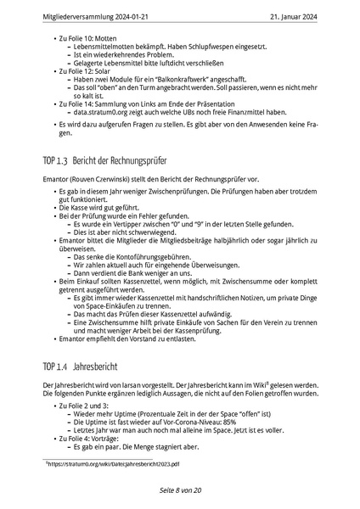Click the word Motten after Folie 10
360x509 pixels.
click(x=101, y=39)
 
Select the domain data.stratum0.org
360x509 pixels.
click(x=104, y=111)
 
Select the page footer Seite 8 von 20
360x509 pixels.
click(x=179, y=491)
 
